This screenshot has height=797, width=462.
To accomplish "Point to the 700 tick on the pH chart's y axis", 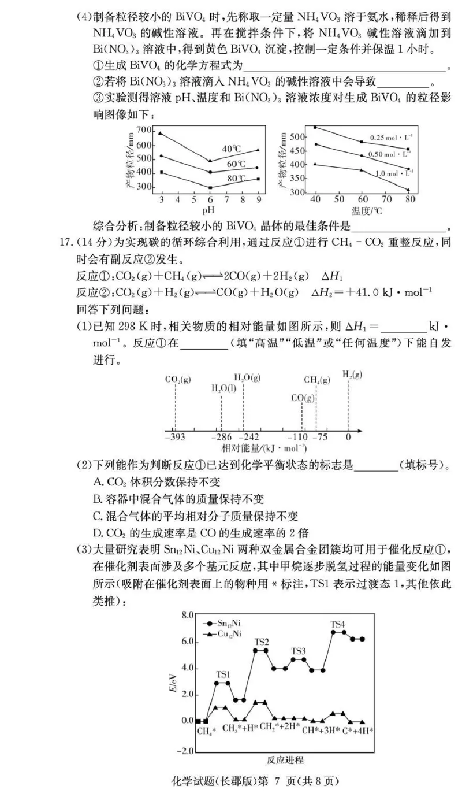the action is click(144, 130).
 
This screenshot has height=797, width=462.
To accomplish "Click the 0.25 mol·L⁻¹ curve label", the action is click(391, 138).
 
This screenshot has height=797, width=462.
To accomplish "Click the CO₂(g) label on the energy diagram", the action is click(178, 380).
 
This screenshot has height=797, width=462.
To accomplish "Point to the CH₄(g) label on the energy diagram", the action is click(317, 380).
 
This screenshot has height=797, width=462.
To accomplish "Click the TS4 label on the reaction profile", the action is click(338, 624).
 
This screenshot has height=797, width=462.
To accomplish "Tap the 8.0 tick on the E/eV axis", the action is click(186, 616).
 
